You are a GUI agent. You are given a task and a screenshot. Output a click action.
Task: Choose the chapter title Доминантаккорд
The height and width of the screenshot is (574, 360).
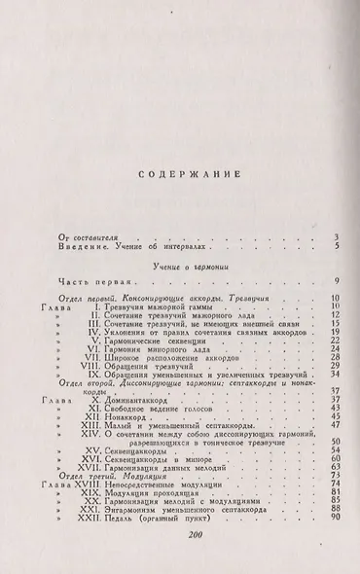[133, 426]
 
